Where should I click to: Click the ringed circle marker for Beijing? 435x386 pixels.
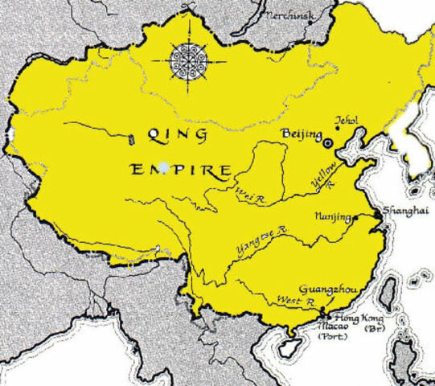327,143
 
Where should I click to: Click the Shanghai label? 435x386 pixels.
405,210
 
